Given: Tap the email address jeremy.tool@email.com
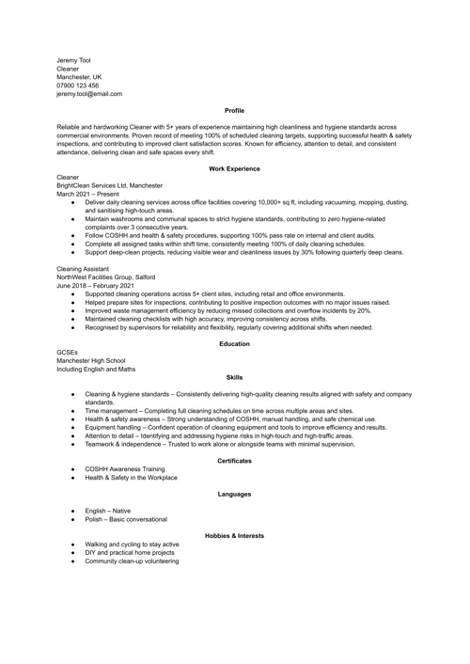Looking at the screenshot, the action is (89, 94).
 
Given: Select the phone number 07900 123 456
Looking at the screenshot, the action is (78, 86).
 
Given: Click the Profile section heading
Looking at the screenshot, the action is (234, 111).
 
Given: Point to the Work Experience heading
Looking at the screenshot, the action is (234, 168).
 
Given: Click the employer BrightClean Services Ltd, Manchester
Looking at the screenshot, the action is (109, 185).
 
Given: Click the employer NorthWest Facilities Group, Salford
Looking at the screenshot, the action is (106, 277).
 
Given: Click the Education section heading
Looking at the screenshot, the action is (234, 343).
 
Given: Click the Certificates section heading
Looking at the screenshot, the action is (234, 460).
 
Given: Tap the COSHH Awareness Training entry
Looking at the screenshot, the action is (124, 468).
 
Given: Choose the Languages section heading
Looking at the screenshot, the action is (234, 494).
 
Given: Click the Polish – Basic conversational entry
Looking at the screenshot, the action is (126, 519).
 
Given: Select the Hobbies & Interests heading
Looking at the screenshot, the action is (234, 535).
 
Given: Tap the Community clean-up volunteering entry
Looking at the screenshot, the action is (132, 561).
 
